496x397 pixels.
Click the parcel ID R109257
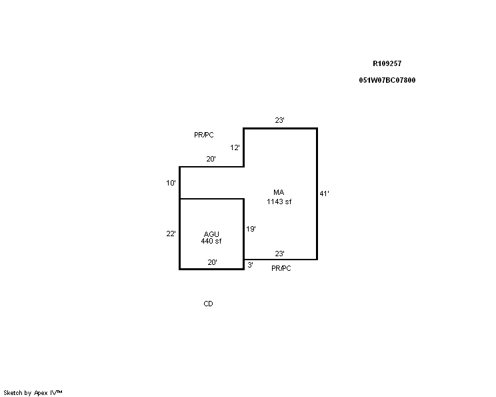[x=387, y=63]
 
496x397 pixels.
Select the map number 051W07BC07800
[x=387, y=80]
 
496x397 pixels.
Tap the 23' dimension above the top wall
[x=279, y=120]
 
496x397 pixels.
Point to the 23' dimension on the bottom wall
[x=279, y=254]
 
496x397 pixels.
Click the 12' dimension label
[x=235, y=147]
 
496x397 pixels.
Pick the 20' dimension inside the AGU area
[x=212, y=262]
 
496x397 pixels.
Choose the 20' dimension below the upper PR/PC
[x=211, y=159]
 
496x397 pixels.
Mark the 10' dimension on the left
[x=171, y=183]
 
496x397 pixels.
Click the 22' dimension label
[x=171, y=234]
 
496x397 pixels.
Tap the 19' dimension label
[x=251, y=229]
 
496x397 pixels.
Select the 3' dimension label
[x=250, y=265]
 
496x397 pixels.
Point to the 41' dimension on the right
[x=324, y=193]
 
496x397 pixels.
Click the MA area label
[x=279, y=192]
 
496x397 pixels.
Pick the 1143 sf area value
[x=279, y=202]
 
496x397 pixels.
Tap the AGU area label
[x=211, y=234]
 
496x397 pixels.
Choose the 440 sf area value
[x=211, y=241]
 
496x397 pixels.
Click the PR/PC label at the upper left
[x=204, y=135]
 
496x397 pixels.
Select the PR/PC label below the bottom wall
[x=281, y=268]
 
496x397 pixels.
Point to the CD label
[x=208, y=304]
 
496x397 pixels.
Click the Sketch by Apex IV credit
[x=33, y=393]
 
